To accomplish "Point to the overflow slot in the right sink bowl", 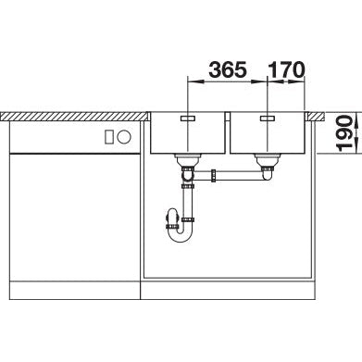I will [268, 120].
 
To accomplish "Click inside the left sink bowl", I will [189, 139].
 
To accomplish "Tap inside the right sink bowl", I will [268, 139].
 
